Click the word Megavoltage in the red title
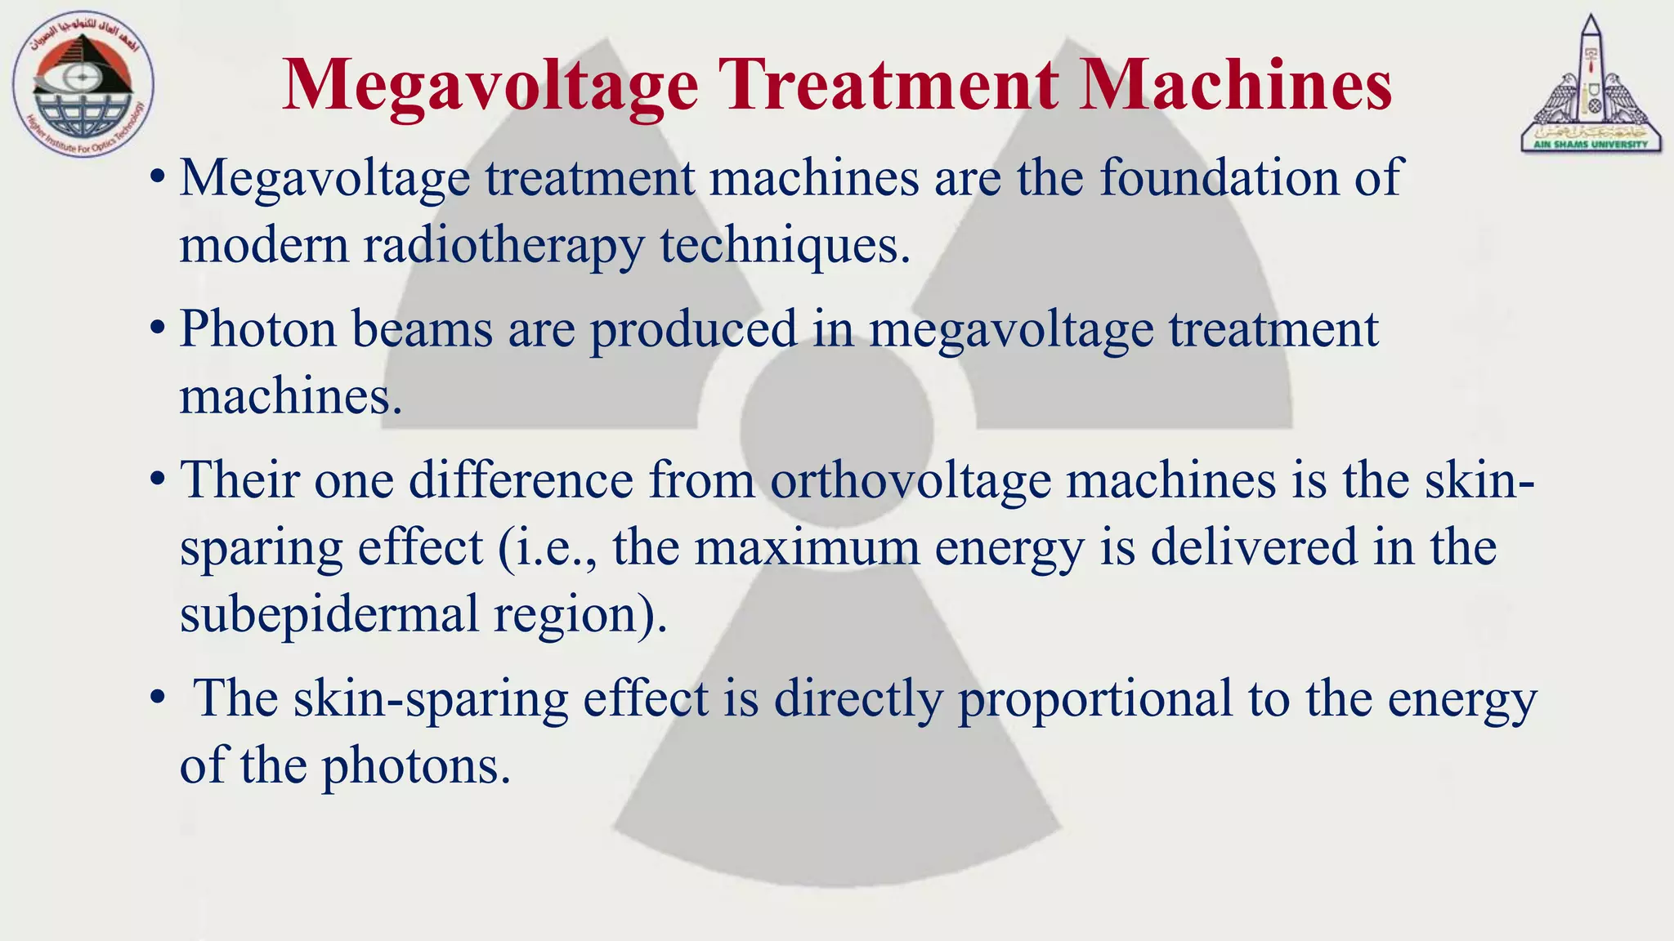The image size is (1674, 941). click(490, 85)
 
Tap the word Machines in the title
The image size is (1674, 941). click(1235, 85)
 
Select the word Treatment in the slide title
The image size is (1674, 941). click(892, 85)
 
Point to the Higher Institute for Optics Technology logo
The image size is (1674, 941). click(83, 87)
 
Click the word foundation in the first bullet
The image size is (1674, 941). click(1219, 177)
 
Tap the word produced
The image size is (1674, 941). click(693, 330)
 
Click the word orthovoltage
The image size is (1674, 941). click(911, 479)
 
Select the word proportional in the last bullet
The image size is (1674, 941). click(1095, 699)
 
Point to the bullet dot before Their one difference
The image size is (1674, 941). click(158, 479)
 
